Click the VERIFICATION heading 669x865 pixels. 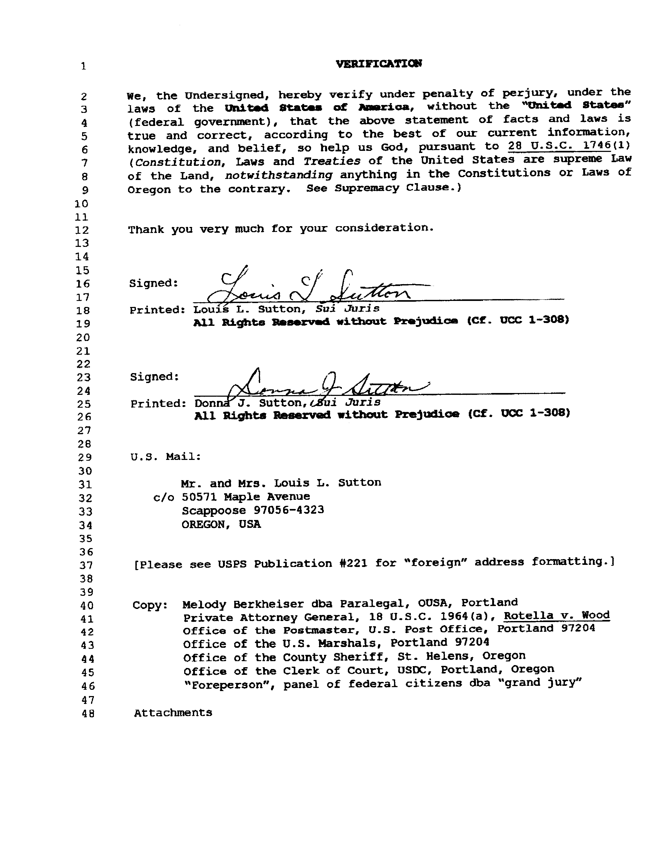(x=379, y=64)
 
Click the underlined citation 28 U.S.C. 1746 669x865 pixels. (x=559, y=146)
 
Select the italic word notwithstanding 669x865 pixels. (x=278, y=175)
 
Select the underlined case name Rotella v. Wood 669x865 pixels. (x=556, y=615)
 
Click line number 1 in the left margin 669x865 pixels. (x=84, y=66)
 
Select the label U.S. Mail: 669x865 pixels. (x=166, y=457)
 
